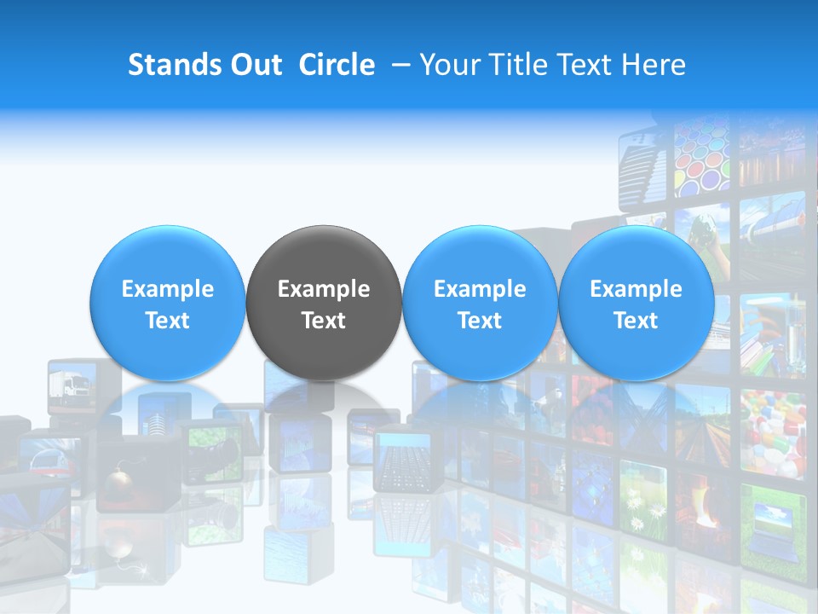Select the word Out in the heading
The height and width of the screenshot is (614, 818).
[256, 65]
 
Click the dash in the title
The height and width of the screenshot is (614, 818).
[397, 65]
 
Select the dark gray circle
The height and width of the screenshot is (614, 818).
[324, 304]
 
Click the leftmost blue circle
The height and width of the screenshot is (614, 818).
[168, 304]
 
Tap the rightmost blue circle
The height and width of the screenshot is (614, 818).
[636, 304]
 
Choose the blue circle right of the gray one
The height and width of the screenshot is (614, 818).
[480, 304]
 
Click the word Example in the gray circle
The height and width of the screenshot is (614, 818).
[324, 289]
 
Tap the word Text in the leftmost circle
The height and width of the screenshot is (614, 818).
[168, 321]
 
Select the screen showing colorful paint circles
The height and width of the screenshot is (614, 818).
[702, 158]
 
